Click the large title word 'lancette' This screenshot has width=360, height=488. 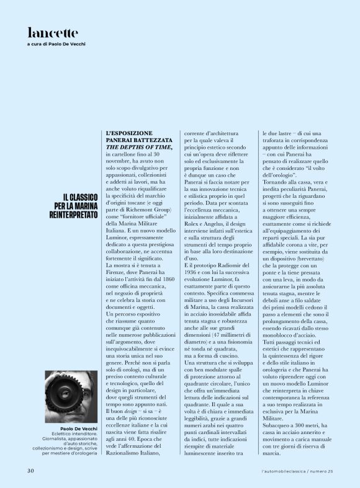52,32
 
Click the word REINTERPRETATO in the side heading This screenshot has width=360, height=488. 73,214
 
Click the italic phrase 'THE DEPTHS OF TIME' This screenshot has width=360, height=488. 138,147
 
